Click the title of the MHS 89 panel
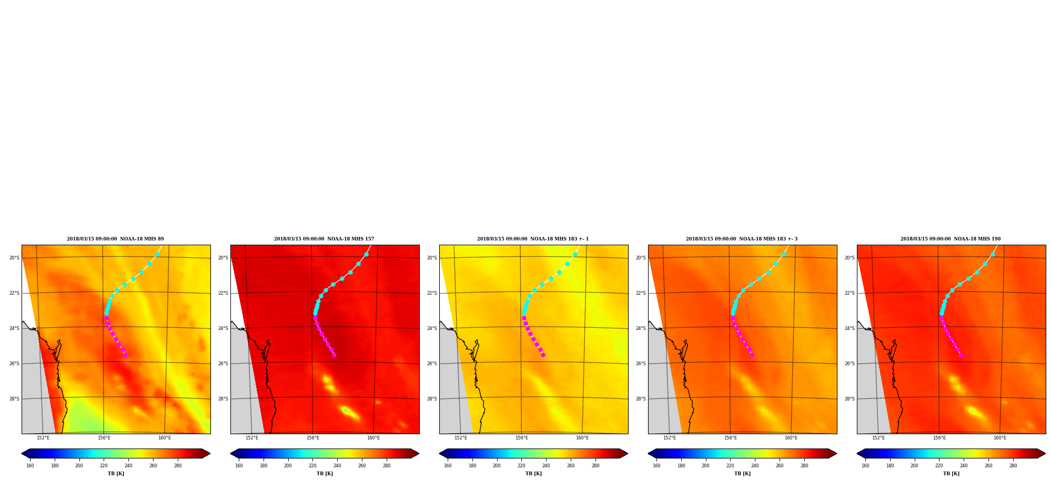[x=115, y=239]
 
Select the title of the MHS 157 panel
[x=324, y=239]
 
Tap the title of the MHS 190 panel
[x=951, y=239]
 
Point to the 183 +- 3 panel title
[x=742, y=239]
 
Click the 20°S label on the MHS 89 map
[x=14, y=258]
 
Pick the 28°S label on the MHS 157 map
[x=223, y=399]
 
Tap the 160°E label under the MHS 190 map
[x=1000, y=438]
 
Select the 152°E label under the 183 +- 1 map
[x=461, y=438]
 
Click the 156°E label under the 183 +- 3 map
[x=731, y=438]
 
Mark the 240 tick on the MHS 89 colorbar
[x=128, y=465]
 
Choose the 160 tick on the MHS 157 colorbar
[x=239, y=465]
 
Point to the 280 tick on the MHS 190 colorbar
[x=1013, y=465]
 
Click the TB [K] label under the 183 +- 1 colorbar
[x=533, y=474]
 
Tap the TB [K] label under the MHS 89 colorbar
[x=116, y=474]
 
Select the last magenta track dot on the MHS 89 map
[x=125, y=355]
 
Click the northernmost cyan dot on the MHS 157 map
[x=366, y=254]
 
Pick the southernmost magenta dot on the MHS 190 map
[x=961, y=355]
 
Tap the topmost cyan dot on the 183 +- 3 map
[x=784, y=254]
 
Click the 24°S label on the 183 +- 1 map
[x=432, y=328]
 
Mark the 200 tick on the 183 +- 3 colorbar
[x=705, y=465]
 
